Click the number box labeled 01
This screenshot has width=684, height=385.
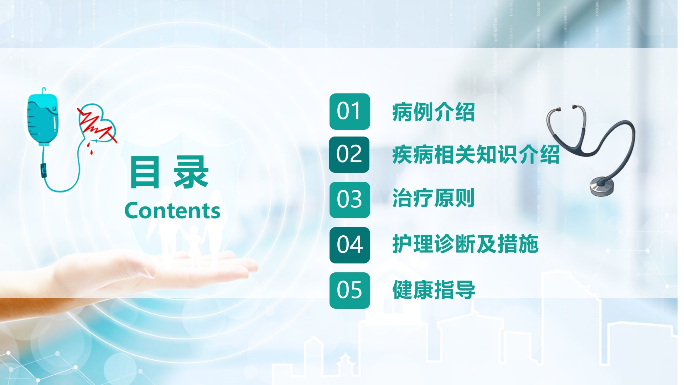coord(349,112)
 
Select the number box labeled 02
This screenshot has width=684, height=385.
coord(349,155)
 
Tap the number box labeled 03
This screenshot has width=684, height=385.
coord(349,200)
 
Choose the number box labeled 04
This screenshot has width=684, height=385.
coord(349,245)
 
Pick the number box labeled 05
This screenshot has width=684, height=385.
coord(349,291)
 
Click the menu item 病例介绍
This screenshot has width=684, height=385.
coord(434,112)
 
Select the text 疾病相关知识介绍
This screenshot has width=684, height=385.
coord(476,155)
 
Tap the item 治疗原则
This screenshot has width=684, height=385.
coord(434,198)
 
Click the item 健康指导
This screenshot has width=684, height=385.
coord(434,289)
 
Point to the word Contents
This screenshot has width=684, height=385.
coord(172,210)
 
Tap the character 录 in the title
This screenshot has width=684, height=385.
coord(191,172)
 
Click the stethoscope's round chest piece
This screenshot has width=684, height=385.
coord(602,185)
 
